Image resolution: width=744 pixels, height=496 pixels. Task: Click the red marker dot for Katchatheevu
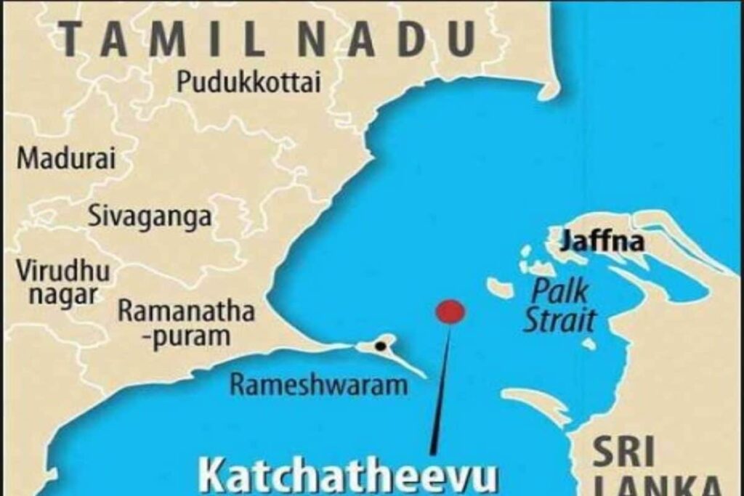[450, 312]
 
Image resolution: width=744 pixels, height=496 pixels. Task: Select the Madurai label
[66, 158]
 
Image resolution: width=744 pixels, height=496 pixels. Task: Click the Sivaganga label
[150, 216]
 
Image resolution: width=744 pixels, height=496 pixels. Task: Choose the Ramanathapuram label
[186, 324]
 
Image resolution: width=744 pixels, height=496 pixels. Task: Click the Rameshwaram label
[318, 384]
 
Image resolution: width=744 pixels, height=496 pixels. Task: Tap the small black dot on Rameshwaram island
[379, 346]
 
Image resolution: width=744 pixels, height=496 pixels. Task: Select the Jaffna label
[602, 240]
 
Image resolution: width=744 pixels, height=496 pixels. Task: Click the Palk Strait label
[559, 305]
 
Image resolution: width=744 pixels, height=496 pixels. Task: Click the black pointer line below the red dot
[441, 392]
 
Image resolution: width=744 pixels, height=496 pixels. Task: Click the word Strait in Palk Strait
[560, 320]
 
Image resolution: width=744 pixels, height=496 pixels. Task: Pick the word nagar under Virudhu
[56, 296]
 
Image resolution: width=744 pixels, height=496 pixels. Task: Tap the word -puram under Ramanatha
[185, 337]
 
